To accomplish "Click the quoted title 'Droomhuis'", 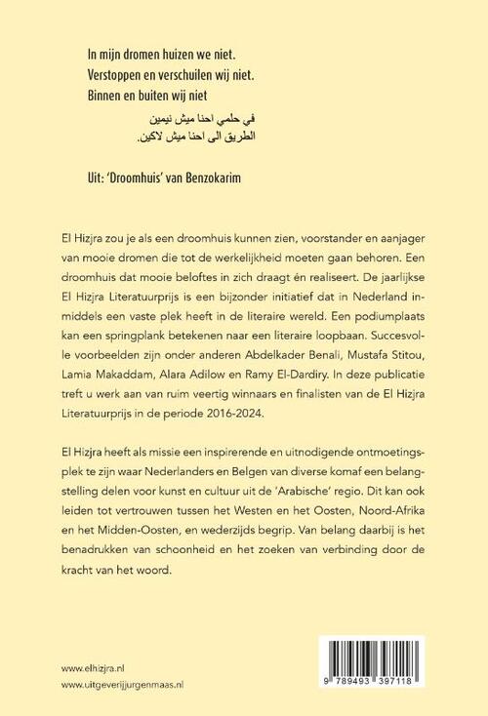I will [x=141, y=180].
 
